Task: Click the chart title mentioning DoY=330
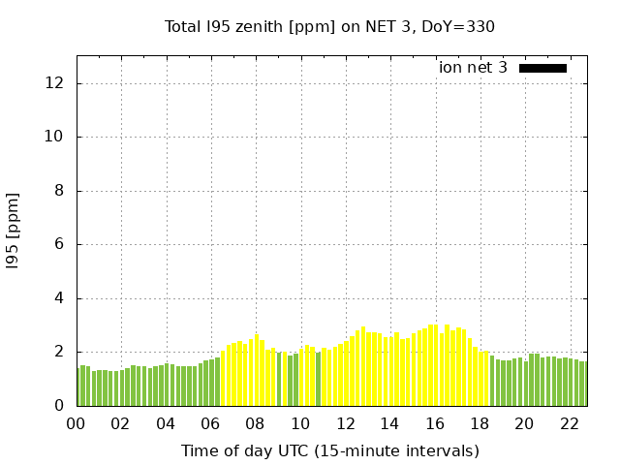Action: click(329, 26)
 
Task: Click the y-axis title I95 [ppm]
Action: click(14, 232)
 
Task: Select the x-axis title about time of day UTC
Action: click(329, 450)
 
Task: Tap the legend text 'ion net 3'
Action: click(473, 68)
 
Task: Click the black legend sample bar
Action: click(542, 68)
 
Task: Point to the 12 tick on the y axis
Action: click(55, 83)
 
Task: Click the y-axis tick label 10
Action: click(55, 137)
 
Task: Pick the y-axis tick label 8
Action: click(59, 191)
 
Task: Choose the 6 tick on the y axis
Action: click(59, 244)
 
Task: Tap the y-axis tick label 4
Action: click(59, 298)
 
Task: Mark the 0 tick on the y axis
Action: click(59, 406)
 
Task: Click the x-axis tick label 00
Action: click(76, 423)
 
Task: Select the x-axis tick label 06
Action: click(210, 423)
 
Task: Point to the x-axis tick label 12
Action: click(345, 423)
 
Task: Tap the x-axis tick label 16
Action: click(435, 423)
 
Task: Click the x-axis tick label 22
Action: click(570, 423)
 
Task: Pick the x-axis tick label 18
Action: click(480, 423)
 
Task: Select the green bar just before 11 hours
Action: click(318, 380)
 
